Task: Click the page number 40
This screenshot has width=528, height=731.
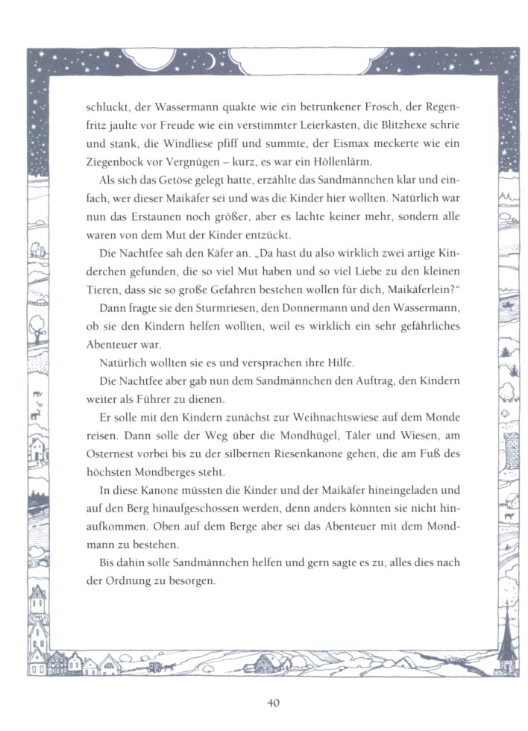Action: click(272, 702)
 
